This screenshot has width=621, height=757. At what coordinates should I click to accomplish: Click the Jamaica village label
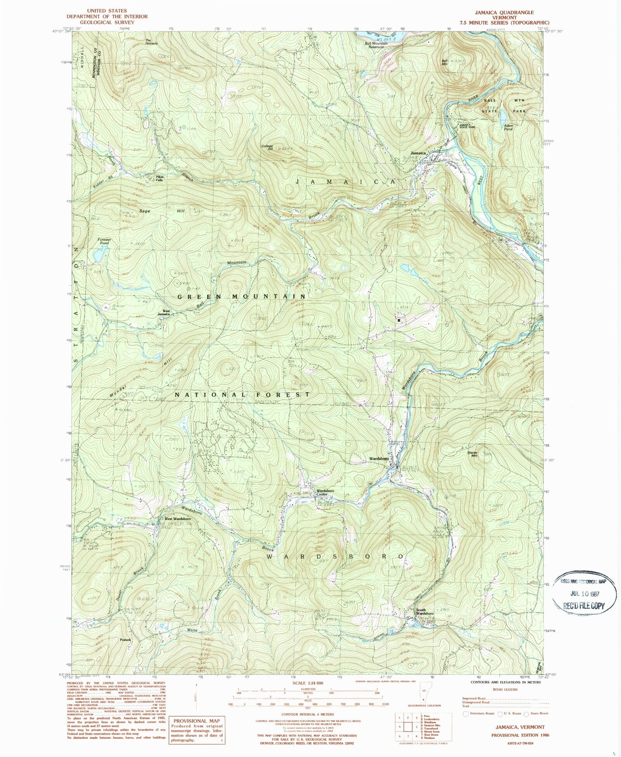[x=418, y=153]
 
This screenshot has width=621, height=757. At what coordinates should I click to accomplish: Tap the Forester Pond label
[x=104, y=241]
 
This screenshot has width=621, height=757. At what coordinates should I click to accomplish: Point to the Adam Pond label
[x=508, y=127]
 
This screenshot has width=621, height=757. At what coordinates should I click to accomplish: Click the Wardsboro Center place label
[x=325, y=492]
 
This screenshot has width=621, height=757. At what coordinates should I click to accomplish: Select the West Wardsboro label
[x=177, y=519]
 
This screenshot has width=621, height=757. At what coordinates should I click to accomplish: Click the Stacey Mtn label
[x=473, y=454]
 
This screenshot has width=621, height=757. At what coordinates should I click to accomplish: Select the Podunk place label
[x=125, y=639]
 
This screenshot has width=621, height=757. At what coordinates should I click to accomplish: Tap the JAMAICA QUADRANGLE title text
[x=504, y=12]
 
